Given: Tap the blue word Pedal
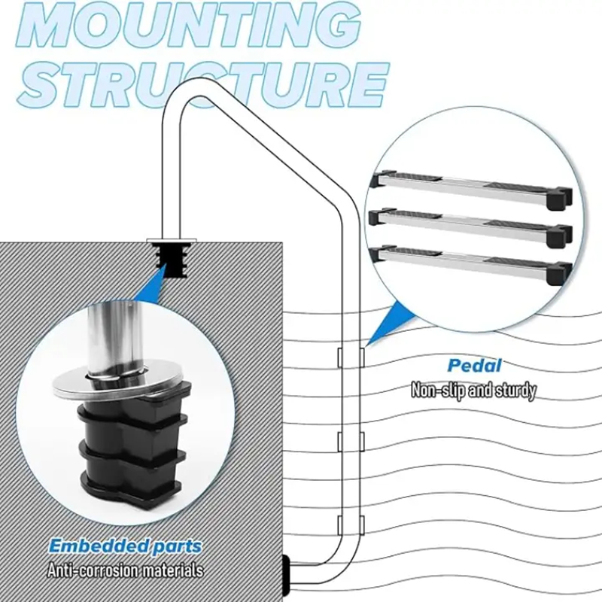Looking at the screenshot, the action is click(474, 366).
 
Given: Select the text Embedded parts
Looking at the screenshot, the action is click(126, 546).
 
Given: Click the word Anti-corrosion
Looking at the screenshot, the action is click(91, 570).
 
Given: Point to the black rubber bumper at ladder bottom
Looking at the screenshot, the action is click(287, 575).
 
